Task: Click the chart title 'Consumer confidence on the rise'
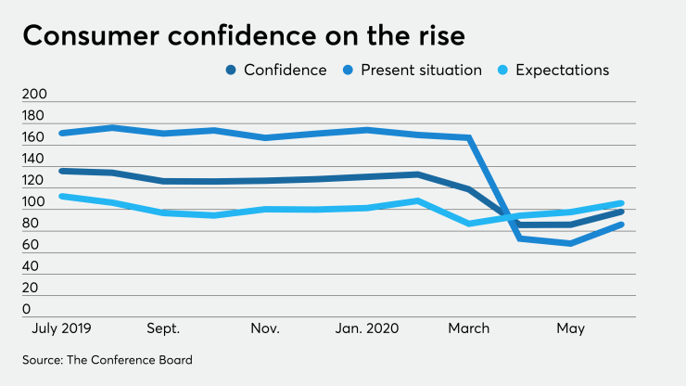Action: [x=243, y=36]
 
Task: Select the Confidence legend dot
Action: [x=230, y=71]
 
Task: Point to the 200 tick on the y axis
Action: [x=33, y=95]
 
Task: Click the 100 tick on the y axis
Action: [x=33, y=202]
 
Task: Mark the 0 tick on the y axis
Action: [x=27, y=309]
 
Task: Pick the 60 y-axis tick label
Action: [x=31, y=245]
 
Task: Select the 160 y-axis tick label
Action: [x=33, y=137]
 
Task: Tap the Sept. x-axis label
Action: [x=163, y=328]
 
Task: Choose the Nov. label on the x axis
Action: [x=265, y=328]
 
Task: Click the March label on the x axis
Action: [x=469, y=328]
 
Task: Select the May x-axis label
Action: [x=571, y=328]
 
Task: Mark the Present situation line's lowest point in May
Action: [x=571, y=244]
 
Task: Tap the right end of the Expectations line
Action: [x=622, y=202]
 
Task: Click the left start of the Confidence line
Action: [x=60, y=171]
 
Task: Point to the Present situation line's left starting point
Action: [x=60, y=133]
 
